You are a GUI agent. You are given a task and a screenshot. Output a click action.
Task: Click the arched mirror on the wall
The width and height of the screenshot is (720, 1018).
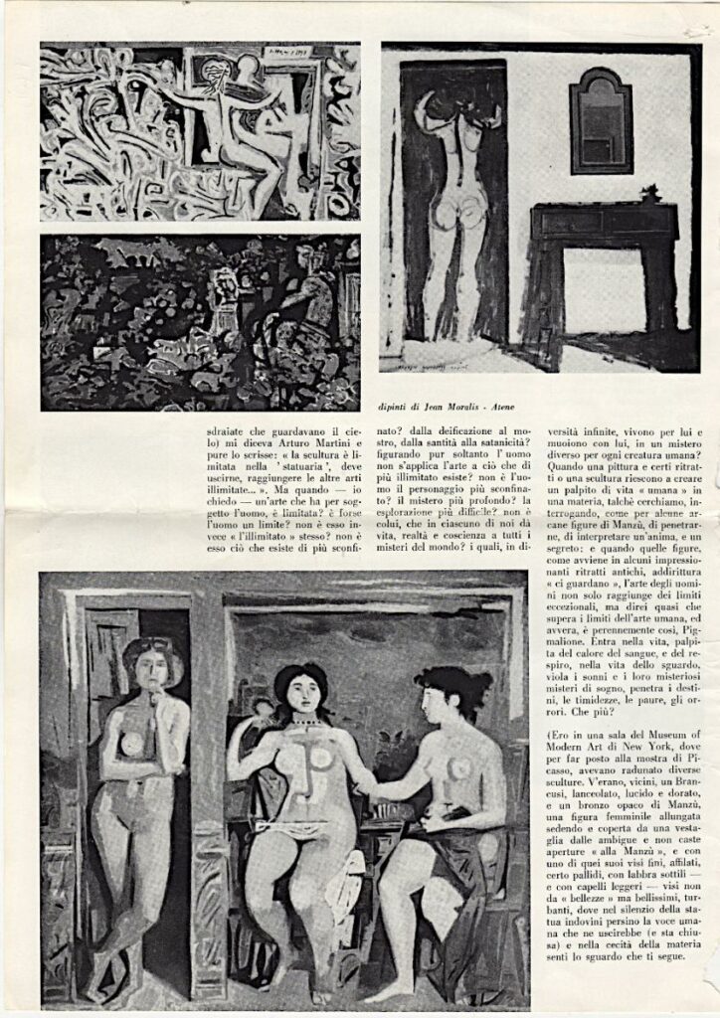[601, 120]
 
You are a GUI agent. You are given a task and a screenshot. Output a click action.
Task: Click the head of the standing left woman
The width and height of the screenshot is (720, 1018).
[149, 663]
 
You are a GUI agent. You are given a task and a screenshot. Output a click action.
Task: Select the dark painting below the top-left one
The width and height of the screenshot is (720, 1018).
[200, 322]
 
